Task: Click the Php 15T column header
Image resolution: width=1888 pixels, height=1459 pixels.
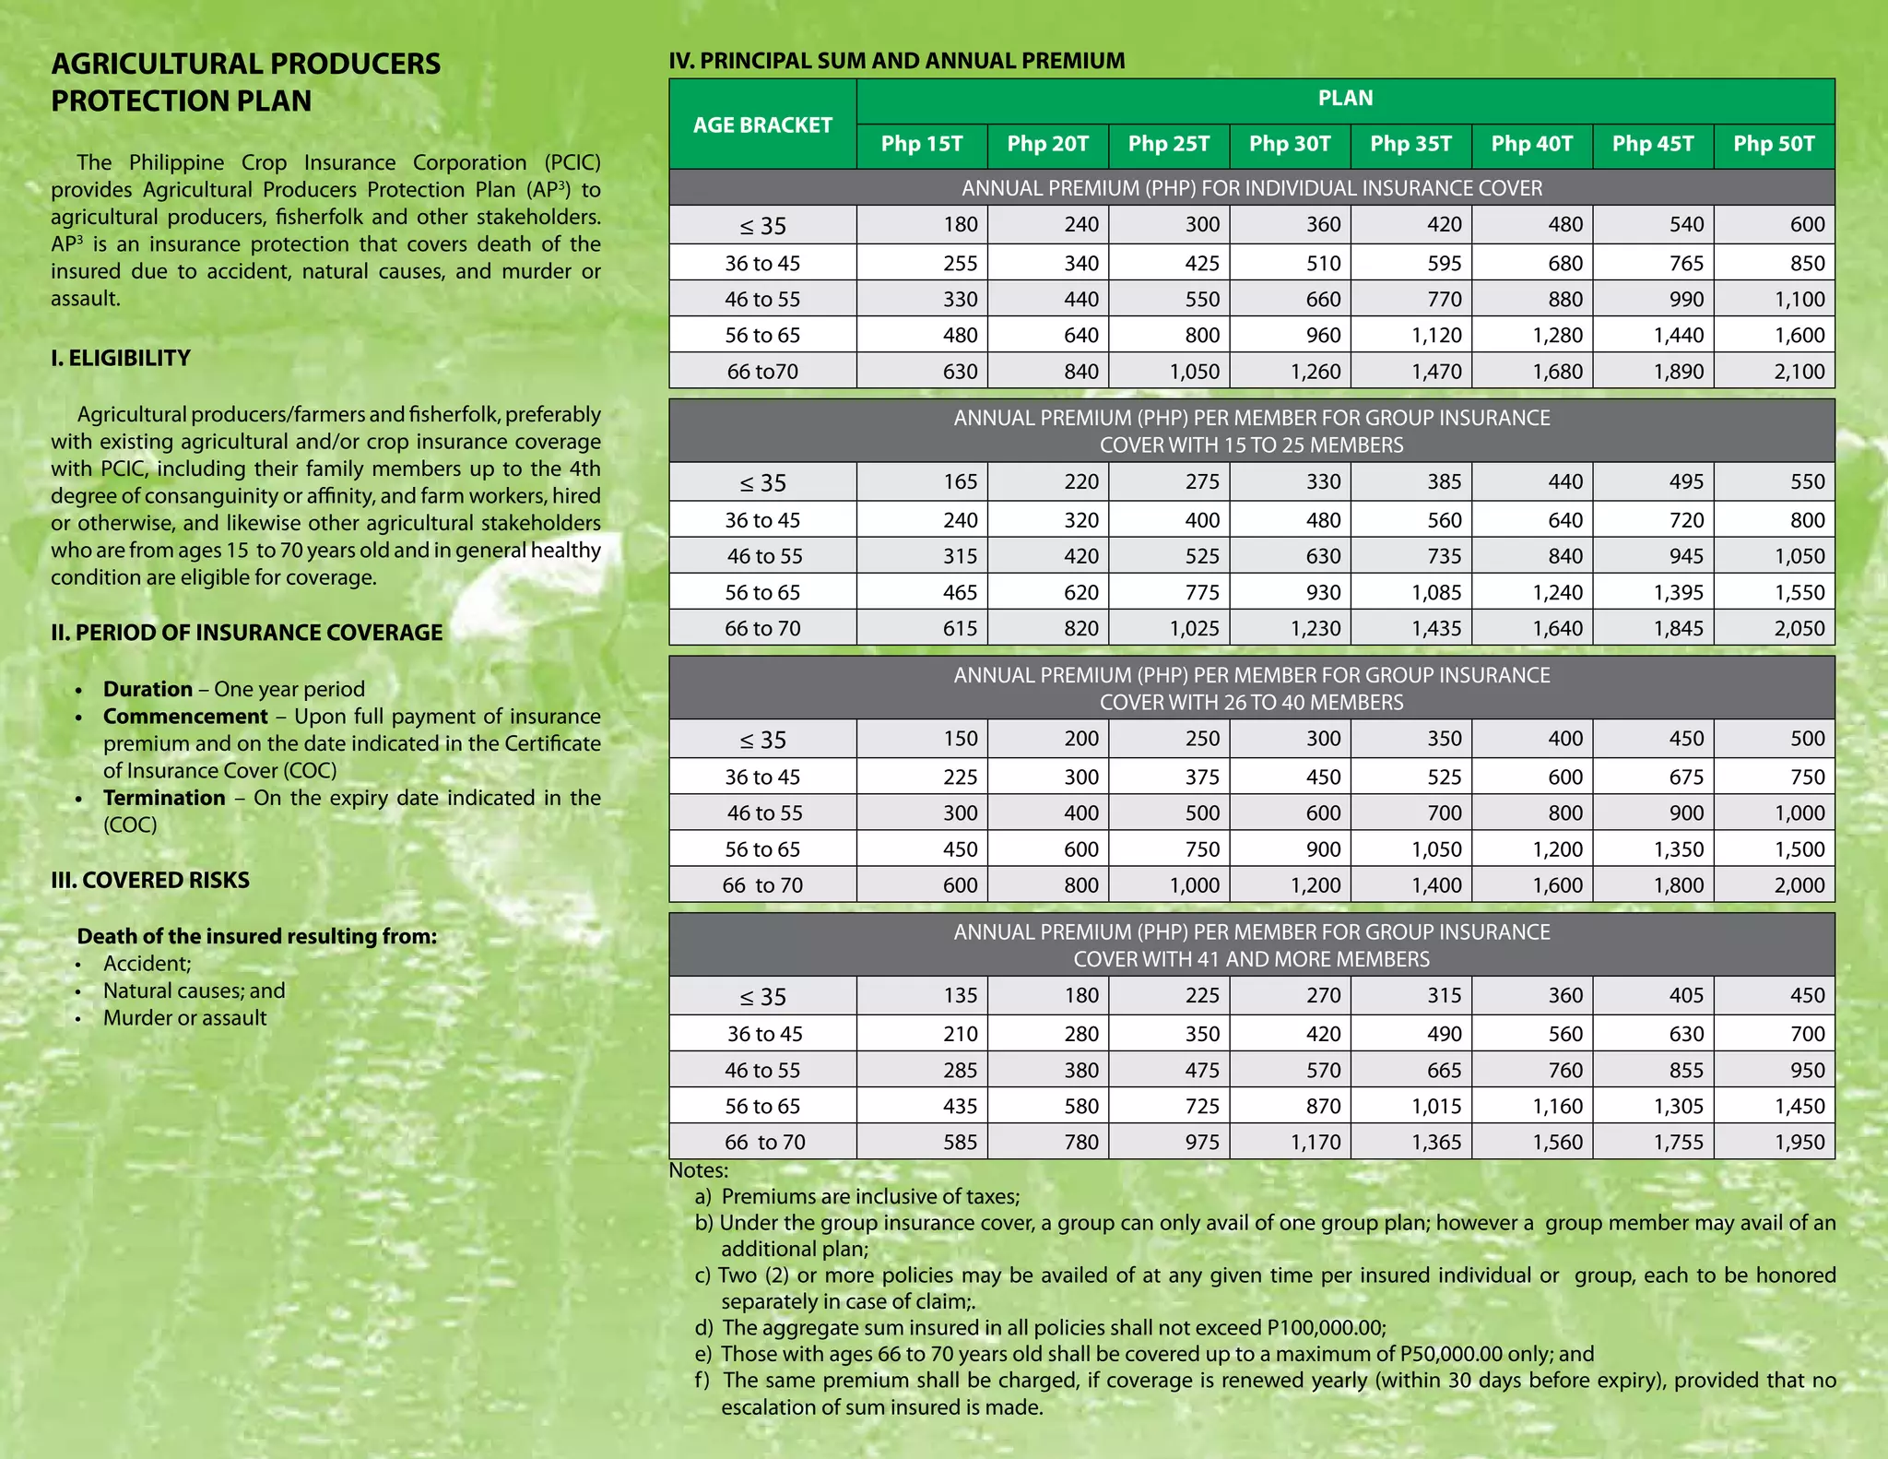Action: tap(922, 144)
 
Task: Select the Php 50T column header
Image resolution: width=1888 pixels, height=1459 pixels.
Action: tap(1774, 144)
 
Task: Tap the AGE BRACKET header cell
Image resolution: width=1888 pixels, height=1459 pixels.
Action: tap(762, 125)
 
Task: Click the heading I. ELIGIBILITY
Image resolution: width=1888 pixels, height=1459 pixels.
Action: tap(121, 358)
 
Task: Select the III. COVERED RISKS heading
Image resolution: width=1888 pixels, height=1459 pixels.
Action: tap(150, 880)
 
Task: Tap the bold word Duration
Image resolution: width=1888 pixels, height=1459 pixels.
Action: tap(147, 689)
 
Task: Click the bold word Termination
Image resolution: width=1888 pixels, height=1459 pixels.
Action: tap(164, 798)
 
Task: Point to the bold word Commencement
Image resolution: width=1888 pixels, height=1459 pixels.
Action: tap(185, 717)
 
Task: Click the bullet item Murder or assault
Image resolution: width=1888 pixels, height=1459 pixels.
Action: tap(184, 1018)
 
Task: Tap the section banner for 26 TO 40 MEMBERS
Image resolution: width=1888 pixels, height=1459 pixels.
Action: tap(1251, 689)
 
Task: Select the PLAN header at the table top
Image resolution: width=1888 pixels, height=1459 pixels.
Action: tap(1345, 99)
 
